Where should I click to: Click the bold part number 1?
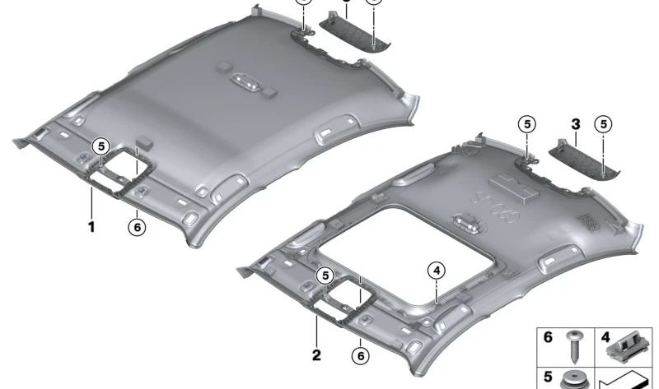coord(92,225)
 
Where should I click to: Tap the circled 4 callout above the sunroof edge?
coord(435,269)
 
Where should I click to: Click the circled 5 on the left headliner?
coord(100,146)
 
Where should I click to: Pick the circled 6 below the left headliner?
coord(138,225)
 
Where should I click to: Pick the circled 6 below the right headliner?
coord(360,355)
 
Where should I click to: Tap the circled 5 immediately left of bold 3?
coord(526,124)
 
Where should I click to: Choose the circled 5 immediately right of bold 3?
coord(605,124)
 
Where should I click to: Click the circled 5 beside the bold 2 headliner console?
coord(325,276)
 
